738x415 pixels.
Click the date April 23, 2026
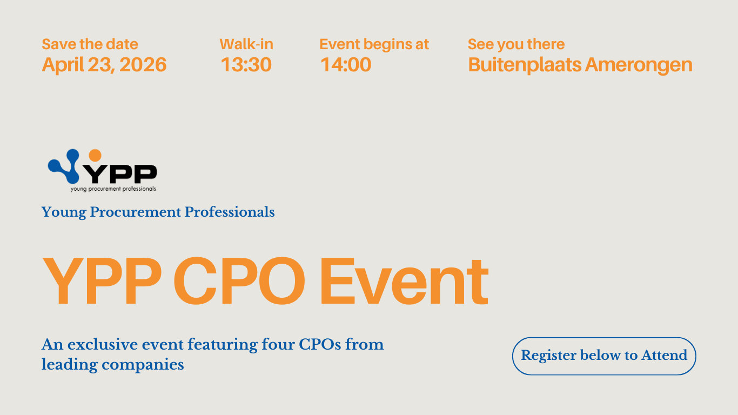[104, 65]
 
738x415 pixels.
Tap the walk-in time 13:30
[246, 65]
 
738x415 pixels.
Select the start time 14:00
[346, 65]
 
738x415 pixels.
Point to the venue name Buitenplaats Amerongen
[580, 65]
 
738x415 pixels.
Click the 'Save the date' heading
[90, 44]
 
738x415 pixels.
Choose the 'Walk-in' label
[246, 44]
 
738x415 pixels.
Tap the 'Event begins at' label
[374, 45]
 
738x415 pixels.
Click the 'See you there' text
[516, 45]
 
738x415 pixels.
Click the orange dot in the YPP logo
[95, 155]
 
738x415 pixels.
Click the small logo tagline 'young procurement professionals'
[113, 189]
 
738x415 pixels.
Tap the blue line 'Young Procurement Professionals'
[158, 212]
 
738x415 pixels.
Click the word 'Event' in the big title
[404, 281]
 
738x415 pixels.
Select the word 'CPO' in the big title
[239, 281]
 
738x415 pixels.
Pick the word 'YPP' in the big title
[102, 281]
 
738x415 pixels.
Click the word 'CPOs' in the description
[320, 344]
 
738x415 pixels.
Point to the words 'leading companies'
[113, 365]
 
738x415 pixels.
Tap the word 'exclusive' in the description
[103, 344]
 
